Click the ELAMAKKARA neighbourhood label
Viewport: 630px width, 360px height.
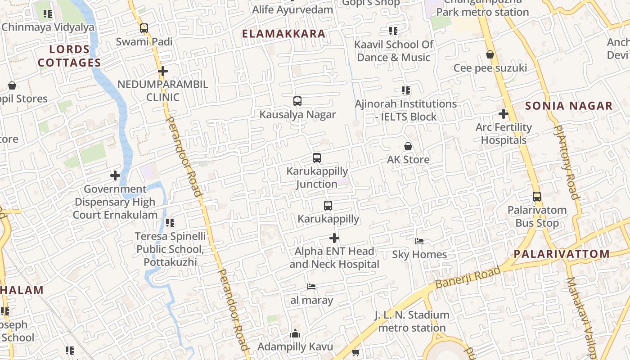click(283, 34)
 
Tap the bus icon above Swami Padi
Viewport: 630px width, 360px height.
click(144, 28)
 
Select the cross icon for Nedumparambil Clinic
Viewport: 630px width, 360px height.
click(163, 71)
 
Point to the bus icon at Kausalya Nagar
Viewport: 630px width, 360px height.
click(297, 101)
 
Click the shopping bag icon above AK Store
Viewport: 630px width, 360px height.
click(408, 146)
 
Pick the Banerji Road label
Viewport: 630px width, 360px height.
click(468, 278)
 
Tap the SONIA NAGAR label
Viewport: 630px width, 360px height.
click(569, 106)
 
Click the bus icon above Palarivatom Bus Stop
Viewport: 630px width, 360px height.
click(537, 197)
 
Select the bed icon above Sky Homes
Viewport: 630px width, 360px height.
click(419, 241)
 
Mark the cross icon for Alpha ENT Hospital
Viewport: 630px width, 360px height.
click(334, 238)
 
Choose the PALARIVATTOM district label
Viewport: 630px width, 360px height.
click(562, 254)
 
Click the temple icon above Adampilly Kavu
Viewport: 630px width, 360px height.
click(295, 333)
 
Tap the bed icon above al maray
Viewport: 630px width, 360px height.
click(311, 287)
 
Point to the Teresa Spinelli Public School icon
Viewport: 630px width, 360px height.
click(170, 222)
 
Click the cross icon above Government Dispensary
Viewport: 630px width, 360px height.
click(115, 175)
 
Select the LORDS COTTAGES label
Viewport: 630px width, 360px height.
click(69, 56)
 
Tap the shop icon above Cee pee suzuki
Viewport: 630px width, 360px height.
click(490, 55)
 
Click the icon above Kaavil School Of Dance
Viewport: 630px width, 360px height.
click(393, 31)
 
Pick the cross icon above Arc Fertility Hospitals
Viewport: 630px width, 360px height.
click(504, 114)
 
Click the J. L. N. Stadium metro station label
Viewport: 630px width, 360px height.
click(412, 321)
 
